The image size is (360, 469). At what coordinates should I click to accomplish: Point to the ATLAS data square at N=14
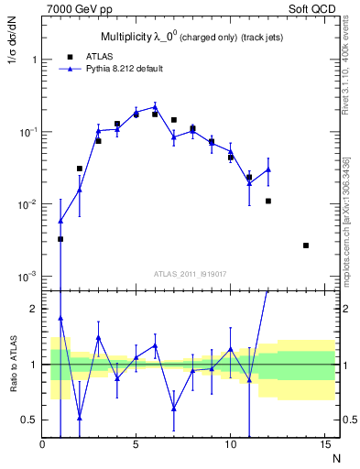click(x=306, y=245)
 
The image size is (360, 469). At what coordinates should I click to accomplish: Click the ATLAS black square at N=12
click(x=268, y=201)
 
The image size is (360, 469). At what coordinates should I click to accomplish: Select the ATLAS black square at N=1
click(x=60, y=239)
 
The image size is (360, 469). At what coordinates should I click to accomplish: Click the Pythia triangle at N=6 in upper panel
click(x=155, y=107)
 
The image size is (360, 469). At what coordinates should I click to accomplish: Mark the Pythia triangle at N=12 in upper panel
click(x=268, y=169)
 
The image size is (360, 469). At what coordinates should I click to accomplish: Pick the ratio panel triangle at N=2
click(x=80, y=418)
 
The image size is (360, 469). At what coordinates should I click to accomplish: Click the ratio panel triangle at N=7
click(x=174, y=409)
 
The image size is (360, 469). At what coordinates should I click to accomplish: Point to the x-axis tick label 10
click(x=230, y=446)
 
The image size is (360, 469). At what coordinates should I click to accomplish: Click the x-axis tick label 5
click(x=136, y=446)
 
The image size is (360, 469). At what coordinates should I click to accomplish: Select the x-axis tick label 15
click(x=324, y=446)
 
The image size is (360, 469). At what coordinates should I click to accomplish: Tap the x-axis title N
click(x=335, y=458)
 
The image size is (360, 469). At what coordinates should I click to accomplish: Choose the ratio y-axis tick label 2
click(x=34, y=309)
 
